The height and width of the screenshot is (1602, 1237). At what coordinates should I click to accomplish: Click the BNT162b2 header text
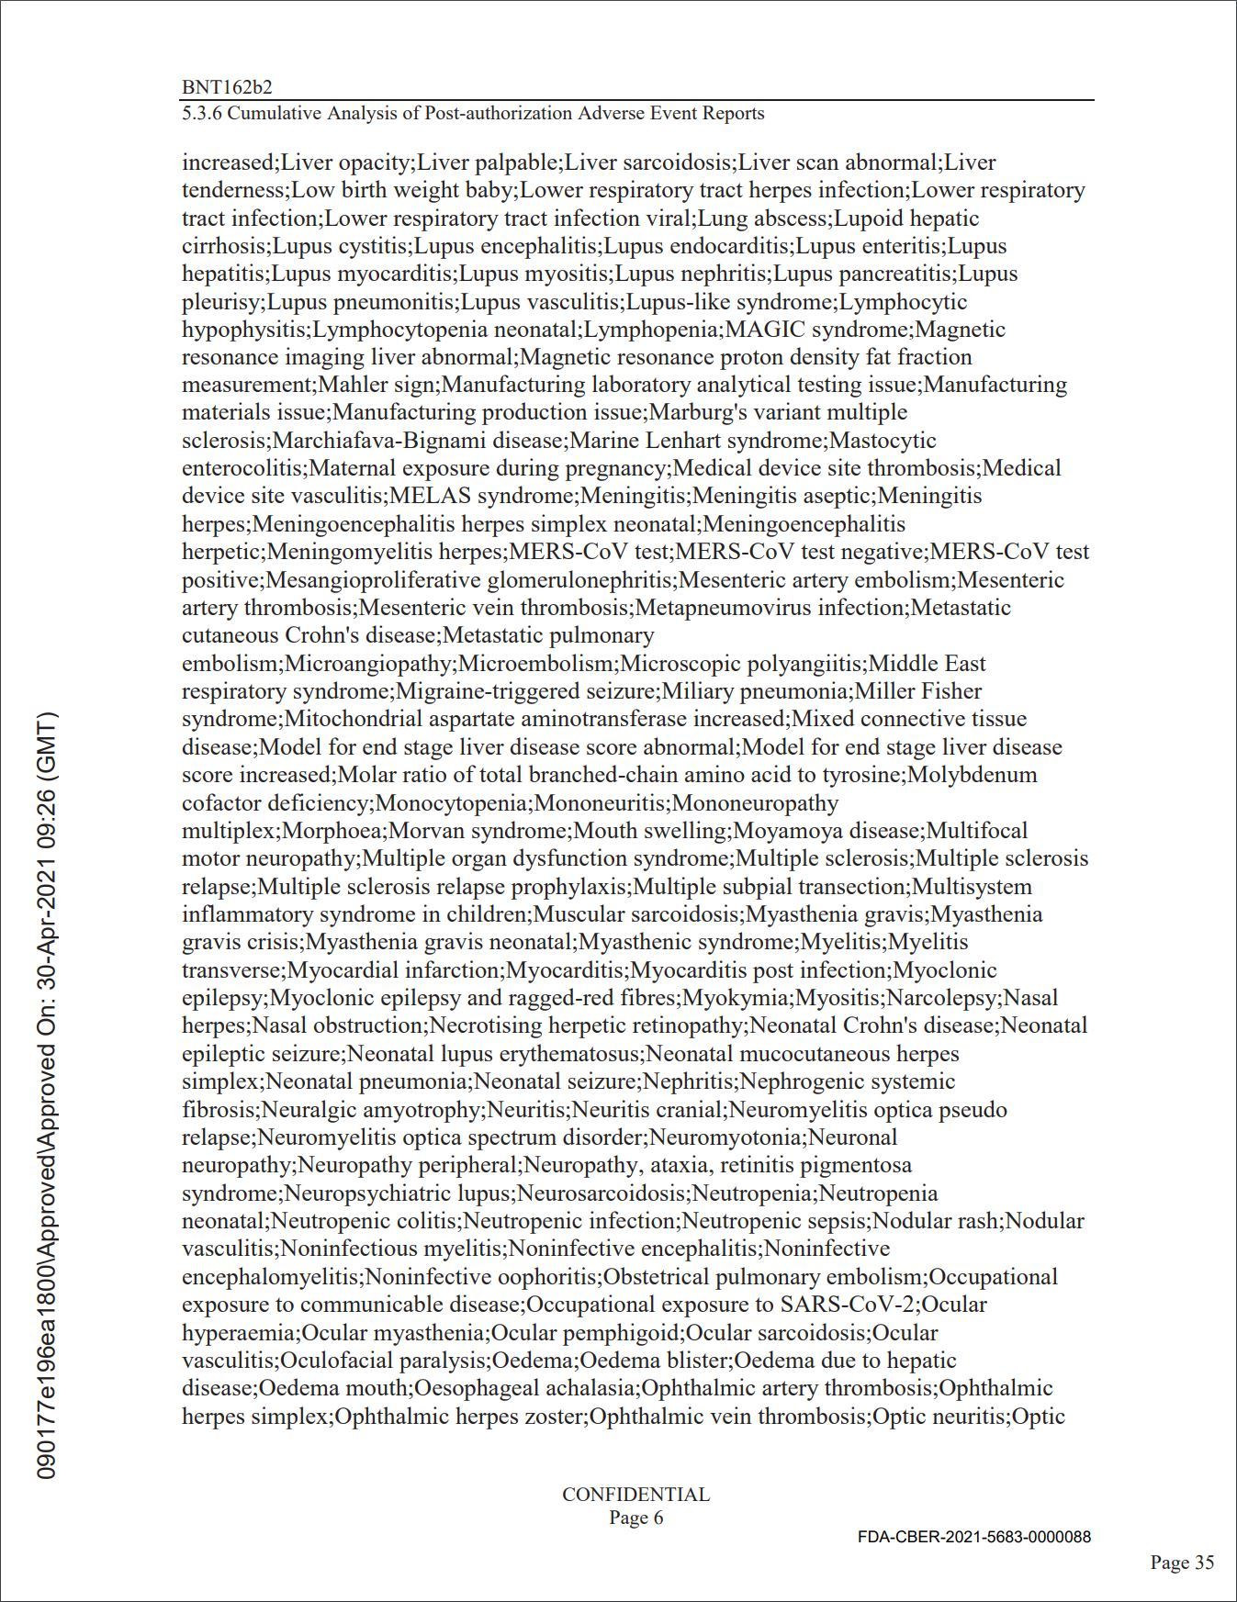point(227,87)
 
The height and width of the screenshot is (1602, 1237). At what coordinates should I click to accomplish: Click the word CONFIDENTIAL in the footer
point(635,1495)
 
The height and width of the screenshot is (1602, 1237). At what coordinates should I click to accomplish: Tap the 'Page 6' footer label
point(635,1518)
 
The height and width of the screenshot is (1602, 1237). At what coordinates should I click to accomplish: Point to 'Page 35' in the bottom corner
point(1183,1563)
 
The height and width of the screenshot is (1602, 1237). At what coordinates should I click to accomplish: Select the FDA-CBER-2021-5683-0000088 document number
point(974,1537)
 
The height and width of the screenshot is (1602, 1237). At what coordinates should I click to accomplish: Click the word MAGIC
point(767,329)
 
